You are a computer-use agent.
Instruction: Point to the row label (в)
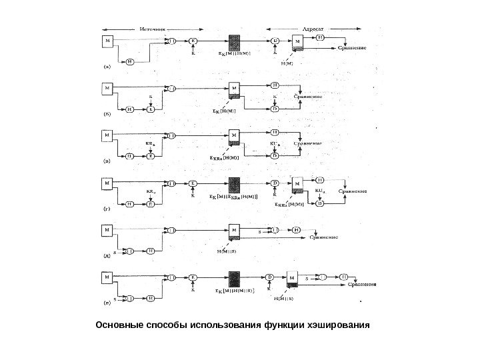tap(106, 161)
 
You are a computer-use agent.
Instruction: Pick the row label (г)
tap(106, 209)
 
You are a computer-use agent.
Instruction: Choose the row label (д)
tap(106, 254)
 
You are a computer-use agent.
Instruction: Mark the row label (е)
tap(106, 301)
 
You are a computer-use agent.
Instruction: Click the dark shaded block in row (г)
tap(235, 184)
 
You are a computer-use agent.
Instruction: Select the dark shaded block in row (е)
tap(235, 279)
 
